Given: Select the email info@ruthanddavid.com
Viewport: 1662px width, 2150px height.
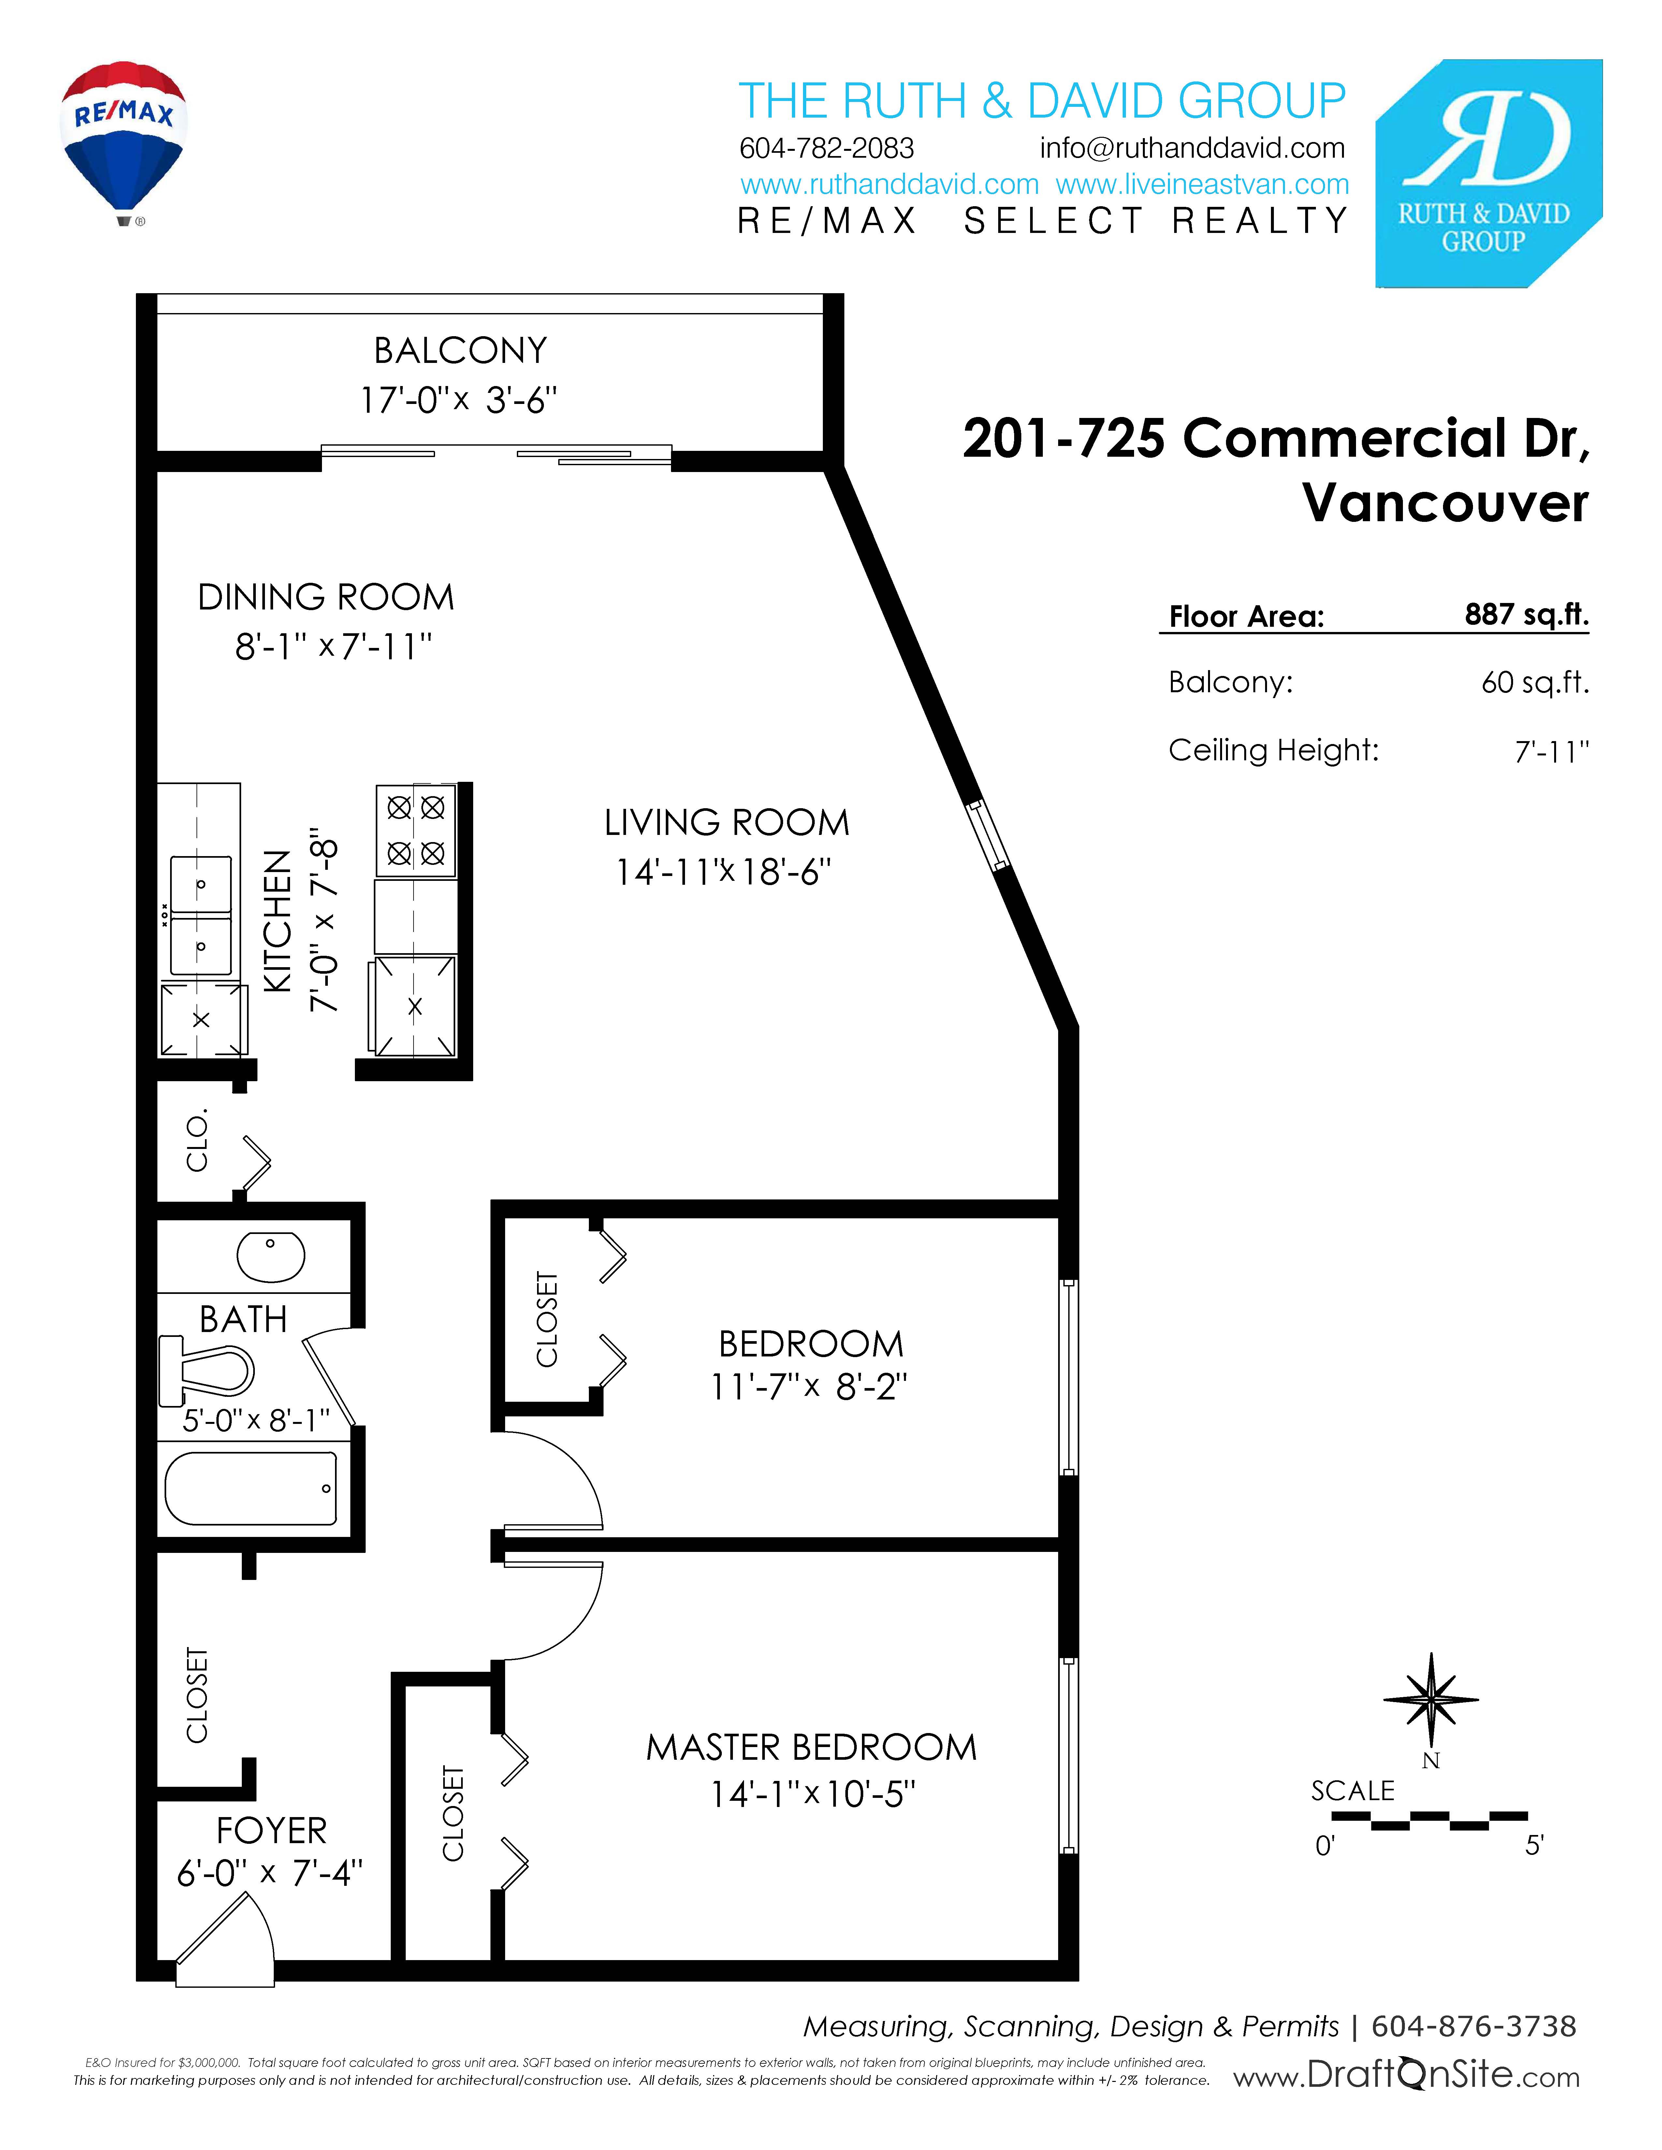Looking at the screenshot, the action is click(x=1192, y=149).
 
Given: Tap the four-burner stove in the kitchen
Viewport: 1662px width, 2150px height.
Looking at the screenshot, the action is click(x=415, y=830).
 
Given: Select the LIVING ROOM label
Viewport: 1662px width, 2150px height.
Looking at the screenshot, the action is click(x=727, y=822).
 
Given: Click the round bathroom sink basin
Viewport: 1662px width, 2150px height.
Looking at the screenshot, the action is click(x=271, y=1256).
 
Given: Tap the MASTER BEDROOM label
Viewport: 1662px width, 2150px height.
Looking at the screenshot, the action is click(x=811, y=1747).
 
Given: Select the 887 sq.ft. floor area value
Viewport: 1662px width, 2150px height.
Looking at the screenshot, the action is click(x=1526, y=614).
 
